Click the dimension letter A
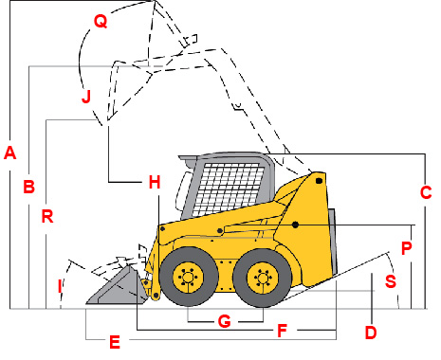[x=10, y=152]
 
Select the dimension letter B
[x=29, y=187]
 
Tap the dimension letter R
[x=47, y=215]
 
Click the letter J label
[x=86, y=96]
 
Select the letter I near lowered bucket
[x=60, y=284]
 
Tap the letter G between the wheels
[x=224, y=321]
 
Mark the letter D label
[x=371, y=333]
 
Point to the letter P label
[x=406, y=249]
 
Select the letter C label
[x=426, y=192]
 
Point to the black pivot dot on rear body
[x=297, y=225]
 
